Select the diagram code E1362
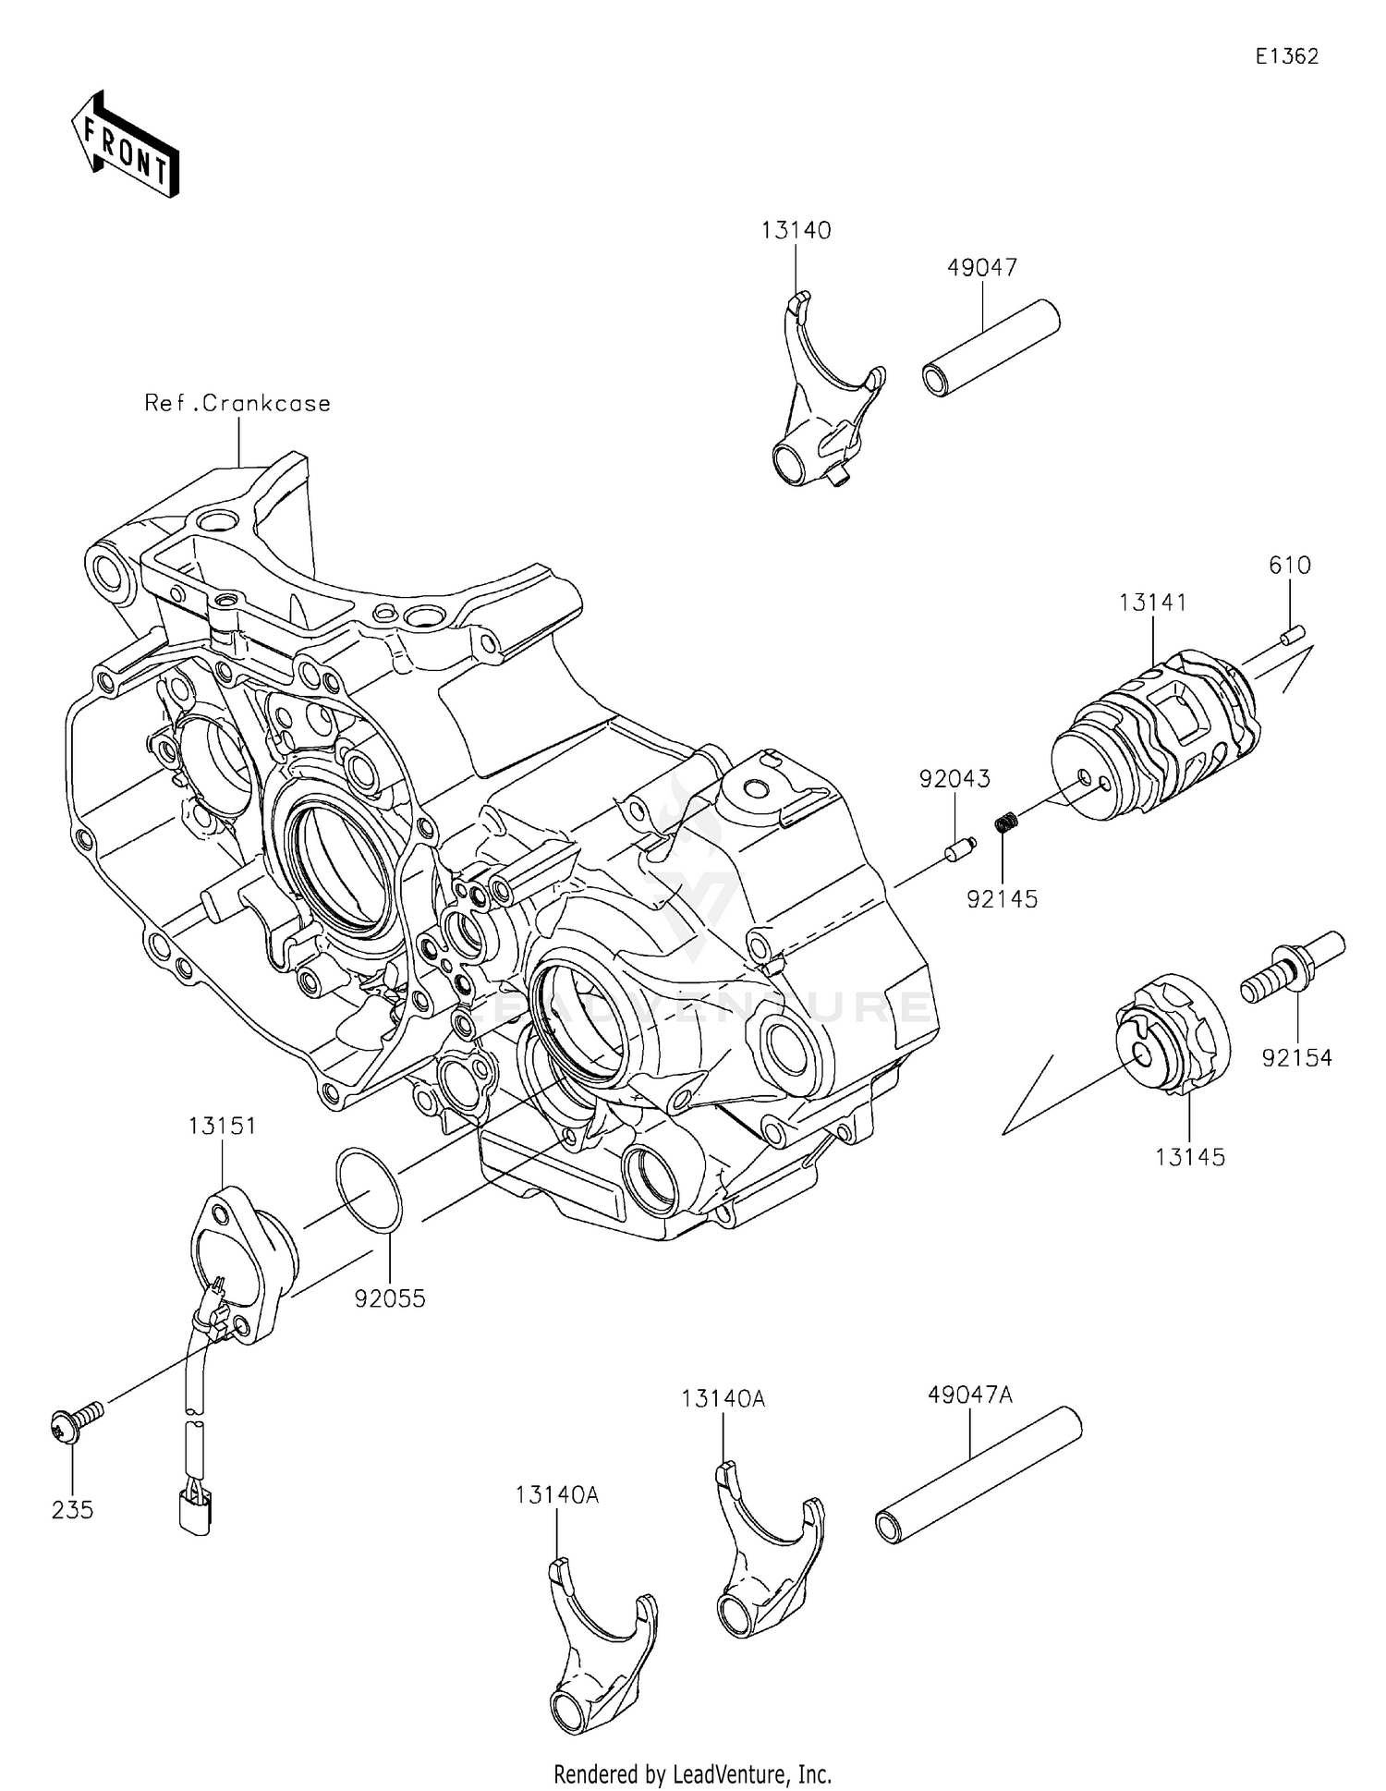[x=1286, y=56]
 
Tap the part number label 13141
[x=1152, y=603]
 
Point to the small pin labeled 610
[x=1292, y=634]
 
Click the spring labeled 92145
[x=1008, y=820]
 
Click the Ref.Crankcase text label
[x=237, y=404]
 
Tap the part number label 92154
[x=1297, y=1058]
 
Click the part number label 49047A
[x=970, y=1395]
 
